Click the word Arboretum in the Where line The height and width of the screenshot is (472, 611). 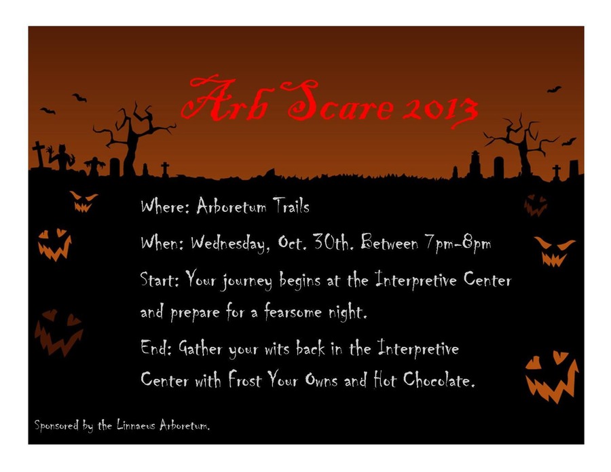tap(232, 206)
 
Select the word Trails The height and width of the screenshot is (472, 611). tap(291, 206)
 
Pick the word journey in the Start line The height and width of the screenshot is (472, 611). tap(246, 281)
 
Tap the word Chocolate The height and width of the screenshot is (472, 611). tap(439, 380)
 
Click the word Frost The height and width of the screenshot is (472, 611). tap(244, 380)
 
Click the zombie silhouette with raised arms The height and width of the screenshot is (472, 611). tap(61, 157)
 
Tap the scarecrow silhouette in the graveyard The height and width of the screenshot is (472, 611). tap(94, 166)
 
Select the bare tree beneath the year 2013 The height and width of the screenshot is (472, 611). tap(522, 145)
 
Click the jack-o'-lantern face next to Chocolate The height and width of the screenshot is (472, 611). tap(552, 376)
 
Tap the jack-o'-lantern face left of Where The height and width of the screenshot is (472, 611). tap(84, 201)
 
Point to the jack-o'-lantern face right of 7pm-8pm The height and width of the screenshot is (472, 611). tap(555, 251)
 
